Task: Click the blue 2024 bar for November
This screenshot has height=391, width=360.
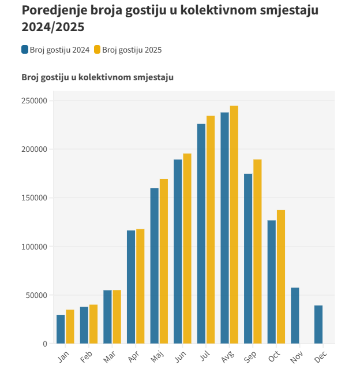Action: (x=295, y=315)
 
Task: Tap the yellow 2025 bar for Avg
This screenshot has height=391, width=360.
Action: (x=234, y=225)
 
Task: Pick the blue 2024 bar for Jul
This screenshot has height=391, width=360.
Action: (x=201, y=234)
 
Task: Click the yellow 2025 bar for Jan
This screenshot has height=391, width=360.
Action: (x=70, y=327)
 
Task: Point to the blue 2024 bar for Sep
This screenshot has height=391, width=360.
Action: (x=248, y=259)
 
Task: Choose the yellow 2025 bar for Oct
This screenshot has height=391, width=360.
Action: (x=281, y=277)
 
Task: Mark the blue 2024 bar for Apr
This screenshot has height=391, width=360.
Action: (x=131, y=287)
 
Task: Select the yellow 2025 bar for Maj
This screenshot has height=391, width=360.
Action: (x=164, y=261)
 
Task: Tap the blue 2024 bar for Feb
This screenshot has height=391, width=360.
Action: (x=84, y=325)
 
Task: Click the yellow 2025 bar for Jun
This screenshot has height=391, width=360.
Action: (x=187, y=248)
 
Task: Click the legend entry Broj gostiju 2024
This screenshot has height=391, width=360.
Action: (x=55, y=50)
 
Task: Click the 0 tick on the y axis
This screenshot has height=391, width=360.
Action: (x=44, y=344)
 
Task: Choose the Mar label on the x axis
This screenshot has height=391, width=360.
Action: (x=109, y=358)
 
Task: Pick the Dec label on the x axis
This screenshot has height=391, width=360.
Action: (x=320, y=358)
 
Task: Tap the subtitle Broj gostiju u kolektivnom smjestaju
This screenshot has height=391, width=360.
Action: (x=97, y=77)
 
